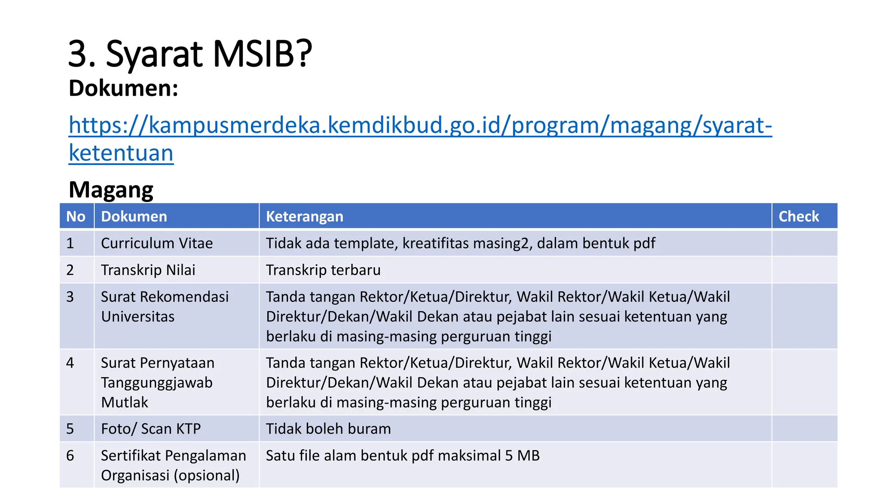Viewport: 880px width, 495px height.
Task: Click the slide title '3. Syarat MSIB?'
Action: point(190,54)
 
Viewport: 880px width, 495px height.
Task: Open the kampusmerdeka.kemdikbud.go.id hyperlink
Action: point(420,125)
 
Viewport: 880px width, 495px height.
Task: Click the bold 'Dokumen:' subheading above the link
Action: point(123,89)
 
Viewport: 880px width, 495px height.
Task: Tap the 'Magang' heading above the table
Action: point(111,189)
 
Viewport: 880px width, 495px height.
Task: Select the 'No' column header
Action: point(76,216)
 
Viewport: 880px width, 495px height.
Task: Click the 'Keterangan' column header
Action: point(304,216)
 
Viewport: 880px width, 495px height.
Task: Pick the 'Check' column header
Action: point(798,216)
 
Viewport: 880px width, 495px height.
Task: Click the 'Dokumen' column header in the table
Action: point(134,216)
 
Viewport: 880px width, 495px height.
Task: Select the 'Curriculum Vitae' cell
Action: point(157,243)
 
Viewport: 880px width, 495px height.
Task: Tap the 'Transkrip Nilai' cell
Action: point(148,270)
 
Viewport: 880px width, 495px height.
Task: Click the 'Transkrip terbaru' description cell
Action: point(323,270)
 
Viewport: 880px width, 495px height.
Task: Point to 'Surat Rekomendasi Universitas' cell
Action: point(165,306)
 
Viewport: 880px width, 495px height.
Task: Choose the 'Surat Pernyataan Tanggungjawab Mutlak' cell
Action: point(157,382)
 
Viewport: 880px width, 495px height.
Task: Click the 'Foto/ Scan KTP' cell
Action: point(151,428)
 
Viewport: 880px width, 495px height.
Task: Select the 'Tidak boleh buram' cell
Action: point(328,428)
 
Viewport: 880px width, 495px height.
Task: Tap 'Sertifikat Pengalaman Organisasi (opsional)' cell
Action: point(173,465)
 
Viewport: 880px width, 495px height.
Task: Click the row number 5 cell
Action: point(70,428)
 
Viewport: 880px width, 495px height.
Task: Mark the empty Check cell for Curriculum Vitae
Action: point(804,243)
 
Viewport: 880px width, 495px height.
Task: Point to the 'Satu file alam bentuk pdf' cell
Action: point(403,455)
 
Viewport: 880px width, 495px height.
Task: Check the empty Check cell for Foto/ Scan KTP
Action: point(804,428)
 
